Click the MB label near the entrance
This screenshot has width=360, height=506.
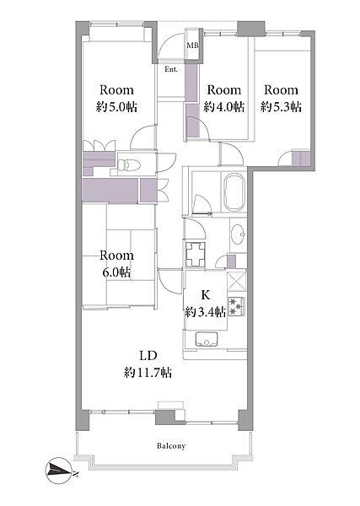click(x=192, y=46)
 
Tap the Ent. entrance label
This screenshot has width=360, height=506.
click(x=171, y=69)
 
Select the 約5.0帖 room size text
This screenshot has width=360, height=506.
click(x=116, y=107)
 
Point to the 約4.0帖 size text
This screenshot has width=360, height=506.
click(x=224, y=107)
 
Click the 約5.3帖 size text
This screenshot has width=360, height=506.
click(x=281, y=107)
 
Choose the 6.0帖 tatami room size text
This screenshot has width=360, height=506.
click(x=116, y=272)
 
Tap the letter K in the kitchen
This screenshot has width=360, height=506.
click(x=206, y=295)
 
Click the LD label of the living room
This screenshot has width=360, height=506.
click(x=148, y=356)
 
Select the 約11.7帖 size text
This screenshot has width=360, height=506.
click(x=148, y=373)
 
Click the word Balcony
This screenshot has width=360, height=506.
click(x=171, y=446)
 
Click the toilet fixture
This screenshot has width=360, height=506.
click(x=129, y=165)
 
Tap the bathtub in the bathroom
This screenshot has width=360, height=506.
click(x=235, y=192)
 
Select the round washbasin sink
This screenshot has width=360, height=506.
click(x=239, y=234)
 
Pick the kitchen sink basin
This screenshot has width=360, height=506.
click(x=207, y=339)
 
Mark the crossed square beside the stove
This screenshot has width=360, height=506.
click(x=237, y=282)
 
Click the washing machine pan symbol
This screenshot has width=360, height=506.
click(x=196, y=255)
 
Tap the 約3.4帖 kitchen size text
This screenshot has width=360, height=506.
click(x=206, y=312)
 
